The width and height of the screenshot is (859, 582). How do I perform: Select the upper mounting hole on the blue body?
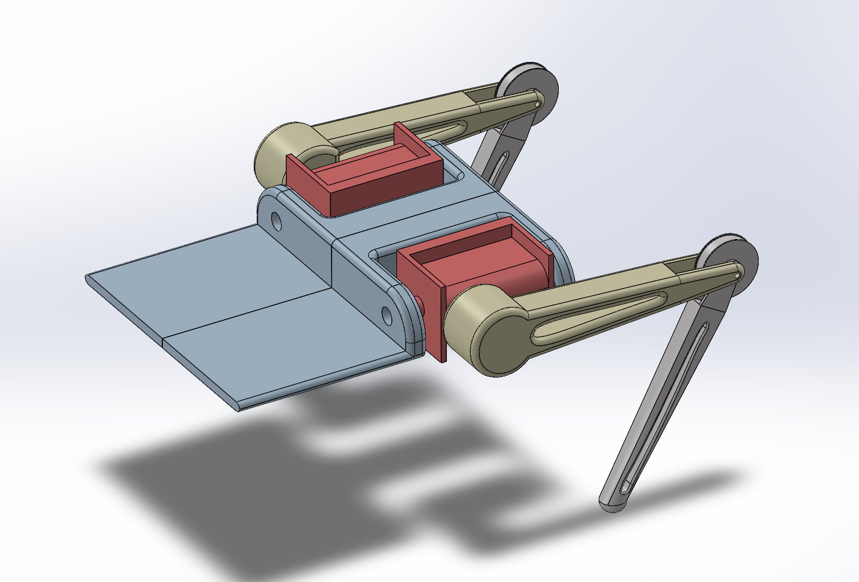pyautogui.click(x=275, y=221)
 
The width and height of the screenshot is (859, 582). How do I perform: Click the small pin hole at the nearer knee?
pyautogui.click(x=737, y=276)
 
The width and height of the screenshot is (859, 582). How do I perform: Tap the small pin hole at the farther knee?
pyautogui.click(x=538, y=104)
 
